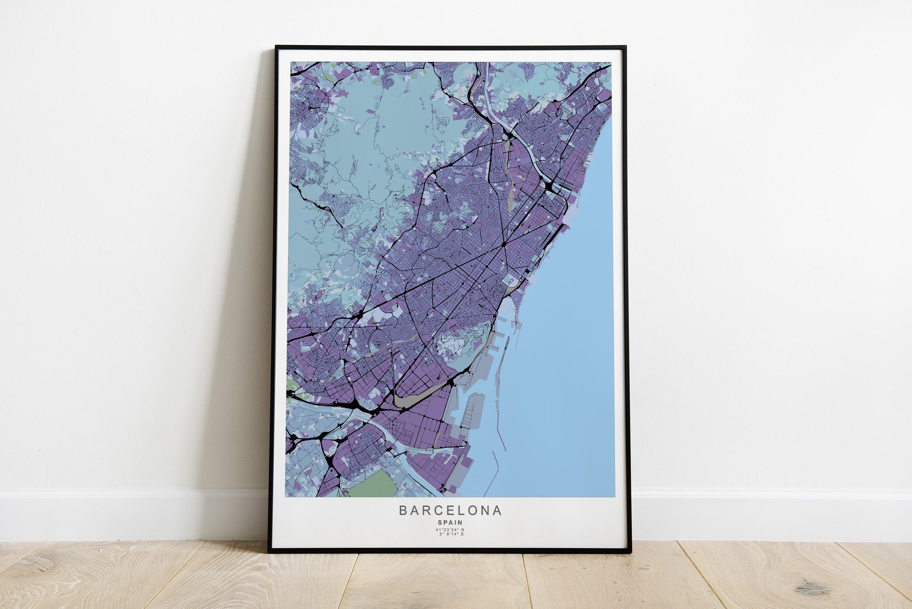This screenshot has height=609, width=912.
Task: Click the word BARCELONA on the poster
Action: (x=450, y=511)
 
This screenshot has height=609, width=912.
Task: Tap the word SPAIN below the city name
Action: (x=450, y=522)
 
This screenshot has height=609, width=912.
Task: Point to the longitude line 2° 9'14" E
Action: (x=450, y=534)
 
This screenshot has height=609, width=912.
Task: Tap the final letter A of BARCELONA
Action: (x=497, y=511)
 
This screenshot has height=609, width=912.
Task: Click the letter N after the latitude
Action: (x=463, y=530)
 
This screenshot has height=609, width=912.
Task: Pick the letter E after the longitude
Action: (x=462, y=534)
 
